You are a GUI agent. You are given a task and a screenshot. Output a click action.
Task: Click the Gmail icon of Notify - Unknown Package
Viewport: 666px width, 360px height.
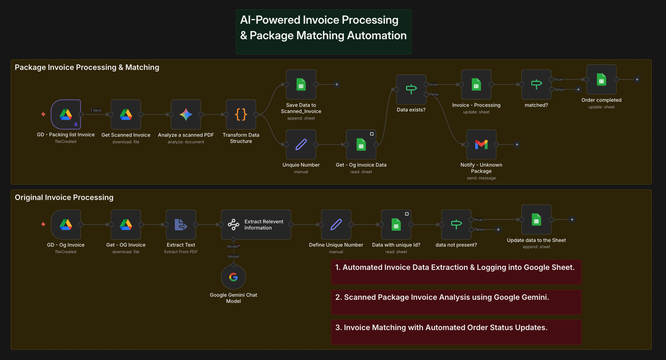click(481, 144)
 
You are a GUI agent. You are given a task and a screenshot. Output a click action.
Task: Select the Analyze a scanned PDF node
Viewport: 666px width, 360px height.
click(186, 115)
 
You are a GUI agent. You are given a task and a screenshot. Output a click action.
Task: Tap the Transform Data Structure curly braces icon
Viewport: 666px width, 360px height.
click(241, 115)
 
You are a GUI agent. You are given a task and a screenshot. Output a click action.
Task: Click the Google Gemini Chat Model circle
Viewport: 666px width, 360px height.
click(233, 277)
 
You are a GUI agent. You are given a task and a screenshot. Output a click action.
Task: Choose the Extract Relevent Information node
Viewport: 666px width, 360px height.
click(256, 224)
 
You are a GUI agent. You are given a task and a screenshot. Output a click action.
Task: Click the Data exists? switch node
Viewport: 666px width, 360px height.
click(411, 89)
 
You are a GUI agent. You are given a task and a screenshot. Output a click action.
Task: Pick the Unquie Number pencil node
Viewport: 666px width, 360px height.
click(301, 144)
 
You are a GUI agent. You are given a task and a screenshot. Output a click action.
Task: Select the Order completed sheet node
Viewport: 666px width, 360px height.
click(601, 80)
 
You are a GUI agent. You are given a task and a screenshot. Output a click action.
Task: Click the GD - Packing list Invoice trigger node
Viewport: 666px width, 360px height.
click(66, 115)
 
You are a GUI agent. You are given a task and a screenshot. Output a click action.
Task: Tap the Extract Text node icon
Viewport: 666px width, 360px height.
click(181, 224)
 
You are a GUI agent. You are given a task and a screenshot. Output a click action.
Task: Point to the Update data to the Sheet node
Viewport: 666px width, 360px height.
click(536, 220)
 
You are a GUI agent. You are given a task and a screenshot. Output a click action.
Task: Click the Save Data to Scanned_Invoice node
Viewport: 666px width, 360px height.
click(301, 84)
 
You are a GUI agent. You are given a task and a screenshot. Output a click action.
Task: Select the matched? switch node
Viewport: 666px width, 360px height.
click(536, 84)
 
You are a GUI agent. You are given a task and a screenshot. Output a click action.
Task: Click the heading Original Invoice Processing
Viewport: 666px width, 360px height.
click(64, 197)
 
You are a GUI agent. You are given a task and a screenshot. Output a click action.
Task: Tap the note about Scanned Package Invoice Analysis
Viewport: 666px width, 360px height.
click(456, 302)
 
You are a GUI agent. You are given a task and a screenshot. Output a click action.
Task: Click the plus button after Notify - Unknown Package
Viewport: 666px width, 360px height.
click(517, 144)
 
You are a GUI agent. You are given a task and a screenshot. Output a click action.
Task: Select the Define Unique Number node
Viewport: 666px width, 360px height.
click(336, 224)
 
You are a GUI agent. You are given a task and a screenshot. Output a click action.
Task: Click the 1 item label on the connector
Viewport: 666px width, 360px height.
click(96, 111)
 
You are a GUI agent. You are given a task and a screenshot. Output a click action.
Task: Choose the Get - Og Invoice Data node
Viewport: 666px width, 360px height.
click(361, 144)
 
